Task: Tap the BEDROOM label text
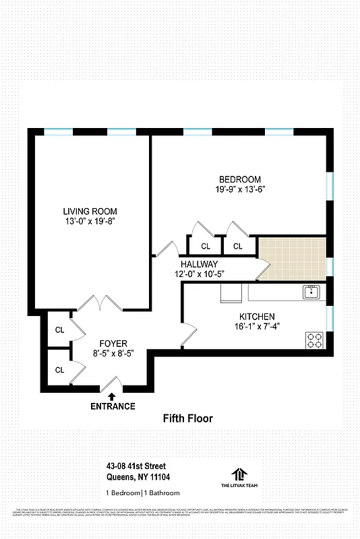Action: (x=239, y=179)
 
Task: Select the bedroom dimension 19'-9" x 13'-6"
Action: (x=239, y=189)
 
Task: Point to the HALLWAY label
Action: (x=199, y=264)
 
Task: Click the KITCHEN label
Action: (x=257, y=317)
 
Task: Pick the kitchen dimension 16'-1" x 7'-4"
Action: (x=257, y=327)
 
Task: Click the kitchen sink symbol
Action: (x=311, y=292)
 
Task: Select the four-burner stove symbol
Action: (x=314, y=340)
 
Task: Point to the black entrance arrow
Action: (x=112, y=396)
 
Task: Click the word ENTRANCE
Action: (x=113, y=406)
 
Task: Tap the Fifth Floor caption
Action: (x=187, y=419)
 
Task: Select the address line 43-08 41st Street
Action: (x=136, y=466)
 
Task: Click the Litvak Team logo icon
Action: (x=239, y=474)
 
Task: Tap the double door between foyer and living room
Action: (x=99, y=303)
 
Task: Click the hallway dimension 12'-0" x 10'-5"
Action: (x=199, y=274)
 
